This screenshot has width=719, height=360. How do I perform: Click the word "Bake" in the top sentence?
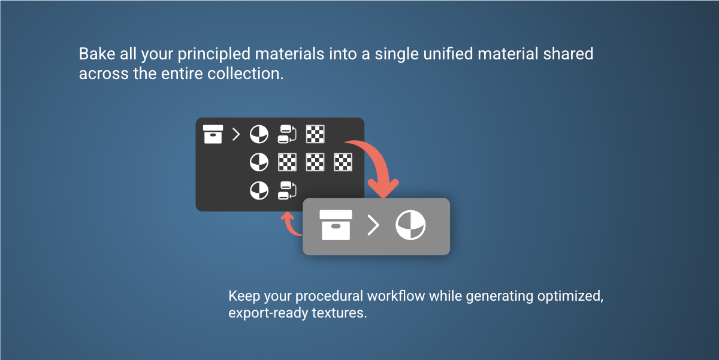[97, 53]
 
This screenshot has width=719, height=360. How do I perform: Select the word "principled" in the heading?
[214, 55]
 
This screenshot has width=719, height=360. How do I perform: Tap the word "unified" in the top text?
[448, 53]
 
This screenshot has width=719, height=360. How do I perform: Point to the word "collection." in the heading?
[246, 74]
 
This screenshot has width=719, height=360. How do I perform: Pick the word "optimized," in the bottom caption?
[570, 296]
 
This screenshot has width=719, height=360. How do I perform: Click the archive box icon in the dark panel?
[213, 134]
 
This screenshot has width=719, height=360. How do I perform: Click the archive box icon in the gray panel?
[336, 225]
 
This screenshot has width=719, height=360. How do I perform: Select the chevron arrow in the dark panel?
[236, 134]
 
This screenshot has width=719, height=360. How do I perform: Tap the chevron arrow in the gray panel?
[373, 225]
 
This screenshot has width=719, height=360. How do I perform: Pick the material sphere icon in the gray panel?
[410, 225]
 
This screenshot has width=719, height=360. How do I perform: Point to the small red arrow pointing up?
[291, 225]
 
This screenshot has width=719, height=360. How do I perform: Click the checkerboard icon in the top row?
[315, 134]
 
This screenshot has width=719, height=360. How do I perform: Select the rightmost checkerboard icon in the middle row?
[343, 162]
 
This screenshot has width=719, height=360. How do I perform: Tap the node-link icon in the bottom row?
[287, 190]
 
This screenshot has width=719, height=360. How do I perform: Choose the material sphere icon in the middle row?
[259, 162]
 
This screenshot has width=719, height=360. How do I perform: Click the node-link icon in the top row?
[287, 134]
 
